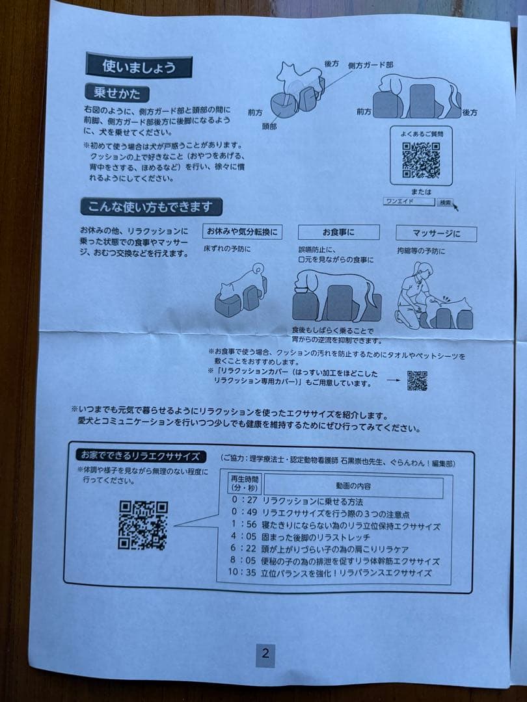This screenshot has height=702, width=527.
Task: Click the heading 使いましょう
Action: [139, 66]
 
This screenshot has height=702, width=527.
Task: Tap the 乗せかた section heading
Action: [116, 94]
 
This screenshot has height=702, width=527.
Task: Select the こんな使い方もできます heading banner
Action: [152, 207]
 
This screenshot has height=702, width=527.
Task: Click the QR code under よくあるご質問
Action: [420, 159]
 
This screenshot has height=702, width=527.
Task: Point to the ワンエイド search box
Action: [409, 202]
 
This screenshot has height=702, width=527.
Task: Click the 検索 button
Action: [446, 203]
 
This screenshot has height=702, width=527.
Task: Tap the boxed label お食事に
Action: [338, 232]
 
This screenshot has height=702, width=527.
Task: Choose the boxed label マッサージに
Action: [436, 234]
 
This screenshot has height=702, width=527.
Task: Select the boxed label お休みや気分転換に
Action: [242, 232]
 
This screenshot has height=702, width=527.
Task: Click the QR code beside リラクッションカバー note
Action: [417, 380]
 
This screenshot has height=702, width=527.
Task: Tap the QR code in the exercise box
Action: [143, 525]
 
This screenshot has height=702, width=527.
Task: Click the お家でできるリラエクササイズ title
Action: [141, 456]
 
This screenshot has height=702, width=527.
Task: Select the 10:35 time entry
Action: [241, 573]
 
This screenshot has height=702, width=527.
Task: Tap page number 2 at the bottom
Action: [265, 654]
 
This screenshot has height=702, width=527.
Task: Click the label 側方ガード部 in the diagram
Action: [370, 66]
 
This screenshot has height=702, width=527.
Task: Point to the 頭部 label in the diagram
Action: [269, 126]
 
